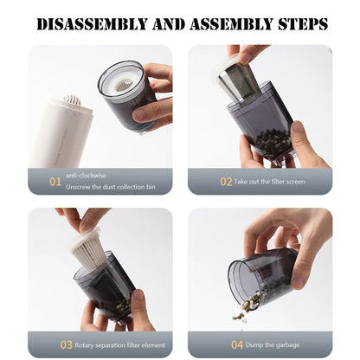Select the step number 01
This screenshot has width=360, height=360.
(x=55, y=182)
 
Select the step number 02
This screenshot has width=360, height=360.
(x=226, y=182)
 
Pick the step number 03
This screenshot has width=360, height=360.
(x=66, y=344)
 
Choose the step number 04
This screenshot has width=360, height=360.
(x=237, y=344)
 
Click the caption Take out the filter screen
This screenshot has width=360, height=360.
(x=269, y=182)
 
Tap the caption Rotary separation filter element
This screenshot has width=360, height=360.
(x=119, y=344)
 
